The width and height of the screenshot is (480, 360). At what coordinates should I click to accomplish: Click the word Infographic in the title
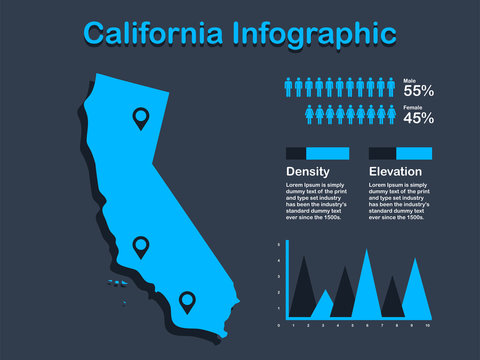313,33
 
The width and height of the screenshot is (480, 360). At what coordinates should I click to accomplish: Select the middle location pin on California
141,245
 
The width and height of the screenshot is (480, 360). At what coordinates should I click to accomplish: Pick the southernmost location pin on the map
186,299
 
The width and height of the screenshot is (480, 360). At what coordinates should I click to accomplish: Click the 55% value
418,90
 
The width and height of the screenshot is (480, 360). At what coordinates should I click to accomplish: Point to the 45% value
418,118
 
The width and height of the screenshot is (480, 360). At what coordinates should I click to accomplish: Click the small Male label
409,79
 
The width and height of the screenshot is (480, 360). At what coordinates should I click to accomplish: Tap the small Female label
412,107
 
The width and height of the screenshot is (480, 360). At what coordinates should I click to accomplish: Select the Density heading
307,172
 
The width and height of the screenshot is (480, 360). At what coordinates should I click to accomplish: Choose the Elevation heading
395,172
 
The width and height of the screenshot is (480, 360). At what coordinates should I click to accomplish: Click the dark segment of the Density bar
296,153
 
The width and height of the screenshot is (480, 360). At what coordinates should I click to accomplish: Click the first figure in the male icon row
290,87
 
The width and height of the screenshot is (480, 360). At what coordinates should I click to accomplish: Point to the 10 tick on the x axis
428,326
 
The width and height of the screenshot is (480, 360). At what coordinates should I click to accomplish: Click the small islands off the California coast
117,283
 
